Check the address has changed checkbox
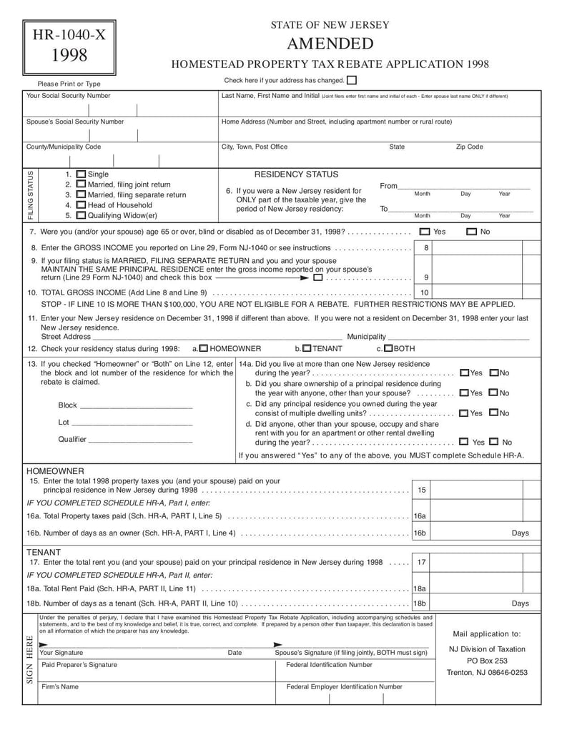pyautogui.click(x=351, y=81)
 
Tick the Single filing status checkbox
pyautogui.click(x=81, y=174)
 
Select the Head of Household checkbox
pyautogui.click(x=81, y=205)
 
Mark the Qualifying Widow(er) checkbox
pyautogui.click(x=81, y=215)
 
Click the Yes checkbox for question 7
pyautogui.click(x=425, y=232)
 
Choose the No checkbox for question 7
pyautogui.click(x=471, y=232)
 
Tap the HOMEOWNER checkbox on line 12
pyautogui.click(x=204, y=349)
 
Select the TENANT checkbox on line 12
pyautogui.click(x=306, y=349)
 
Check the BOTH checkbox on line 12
pyautogui.click(x=388, y=349)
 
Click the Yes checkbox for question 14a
pyautogui.click(x=465, y=373)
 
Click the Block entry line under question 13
pyautogui.click(x=136, y=406)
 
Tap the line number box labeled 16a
pyautogui.click(x=420, y=516)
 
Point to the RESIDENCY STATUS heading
pyautogui.click(x=297, y=174)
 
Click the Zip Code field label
pyautogui.click(x=469, y=147)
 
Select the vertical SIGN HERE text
pyautogui.click(x=30, y=658)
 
